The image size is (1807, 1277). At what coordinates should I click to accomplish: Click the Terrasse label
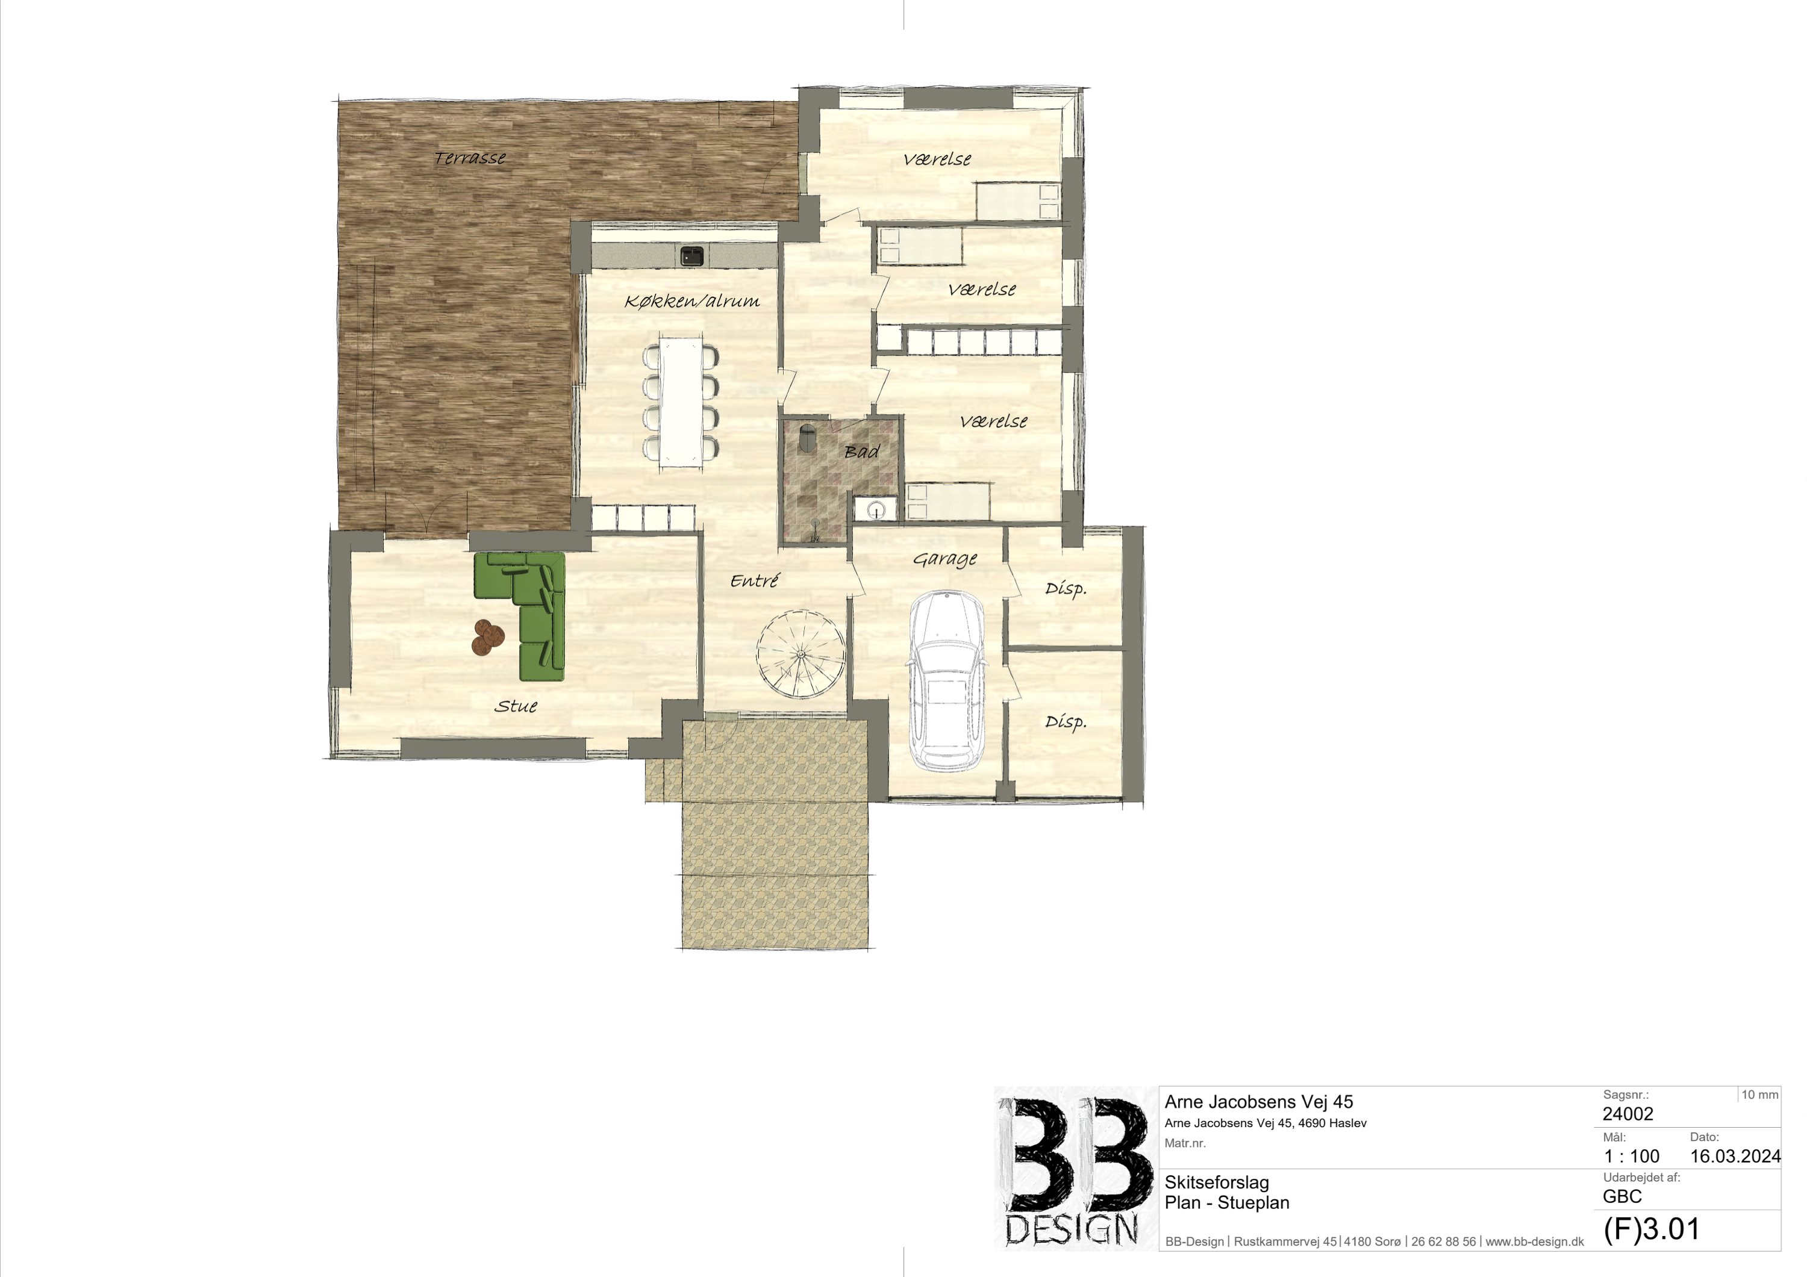[x=470, y=158]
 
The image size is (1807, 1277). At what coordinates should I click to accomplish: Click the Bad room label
[x=862, y=452]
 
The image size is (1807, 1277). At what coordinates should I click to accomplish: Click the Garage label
[x=945, y=559]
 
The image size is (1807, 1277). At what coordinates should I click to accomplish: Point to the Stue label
[x=516, y=706]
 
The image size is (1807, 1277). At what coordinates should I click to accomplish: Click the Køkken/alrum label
[x=692, y=300]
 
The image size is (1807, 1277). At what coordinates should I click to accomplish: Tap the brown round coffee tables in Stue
[x=488, y=636]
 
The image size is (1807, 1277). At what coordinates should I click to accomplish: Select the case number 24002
[x=1628, y=1113]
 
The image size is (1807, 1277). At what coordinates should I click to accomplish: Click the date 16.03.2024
[x=1735, y=1156]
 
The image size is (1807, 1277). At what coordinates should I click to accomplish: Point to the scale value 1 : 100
[x=1632, y=1156]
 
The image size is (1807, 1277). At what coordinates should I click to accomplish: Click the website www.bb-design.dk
[x=1535, y=1241]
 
